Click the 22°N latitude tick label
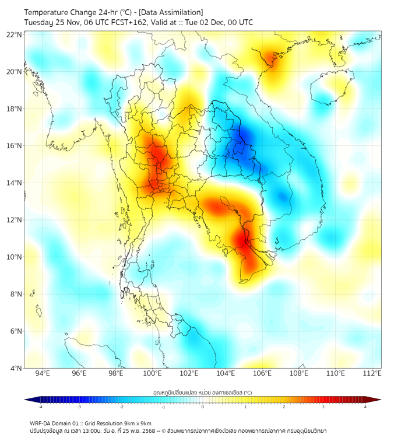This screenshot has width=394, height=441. click(x=15, y=35)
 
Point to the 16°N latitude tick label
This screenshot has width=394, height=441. click(x=15, y=146)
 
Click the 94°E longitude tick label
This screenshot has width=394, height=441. click(x=43, y=373)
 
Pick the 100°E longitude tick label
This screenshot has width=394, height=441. click(x=153, y=373)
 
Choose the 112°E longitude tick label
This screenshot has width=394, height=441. click(x=372, y=373)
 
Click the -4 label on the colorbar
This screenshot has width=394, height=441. click(x=40, y=407)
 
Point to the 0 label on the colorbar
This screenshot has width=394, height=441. click(x=203, y=407)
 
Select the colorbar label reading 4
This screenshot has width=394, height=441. click(x=365, y=407)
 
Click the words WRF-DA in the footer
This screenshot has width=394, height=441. click(x=40, y=423)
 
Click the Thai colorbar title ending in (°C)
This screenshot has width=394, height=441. click(x=202, y=393)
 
